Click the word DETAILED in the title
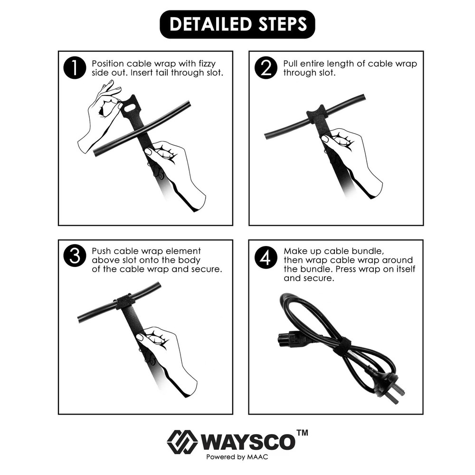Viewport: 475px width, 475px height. (x=207, y=24)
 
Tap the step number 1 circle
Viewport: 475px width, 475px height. (x=74, y=68)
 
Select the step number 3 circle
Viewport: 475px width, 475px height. (x=74, y=256)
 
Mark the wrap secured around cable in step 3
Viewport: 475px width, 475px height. (x=124, y=302)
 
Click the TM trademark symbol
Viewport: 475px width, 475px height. (x=302, y=433)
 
